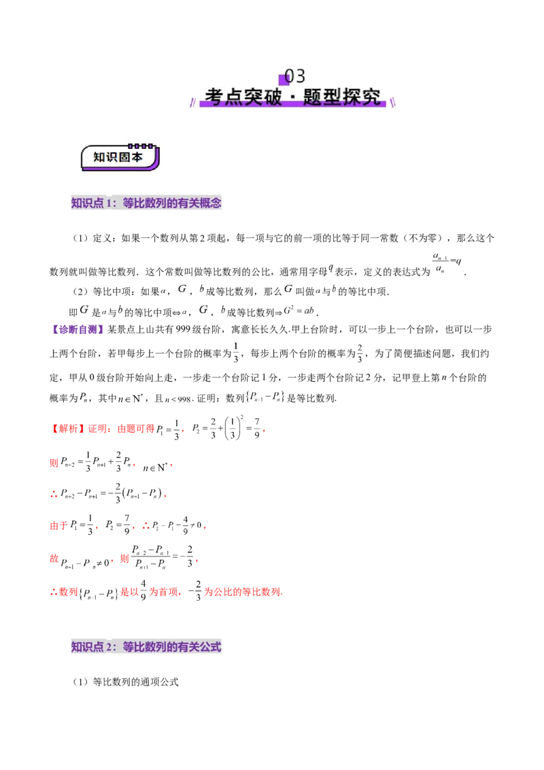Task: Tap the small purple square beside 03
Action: pyautogui.click(x=284, y=79)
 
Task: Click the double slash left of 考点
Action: pyautogui.click(x=192, y=101)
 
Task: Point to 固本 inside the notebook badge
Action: pyautogui.click(x=131, y=157)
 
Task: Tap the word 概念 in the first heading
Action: pyautogui.click(x=211, y=203)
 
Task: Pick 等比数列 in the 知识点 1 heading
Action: pyautogui.click(x=144, y=203)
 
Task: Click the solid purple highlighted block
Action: pyautogui.click(x=76, y=330)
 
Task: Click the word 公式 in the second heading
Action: pyautogui.click(x=211, y=648)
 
